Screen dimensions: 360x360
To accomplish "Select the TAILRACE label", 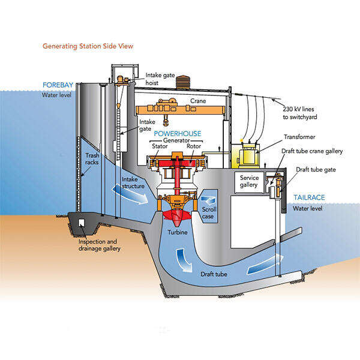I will (310, 197).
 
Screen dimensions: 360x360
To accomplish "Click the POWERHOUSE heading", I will (178, 133).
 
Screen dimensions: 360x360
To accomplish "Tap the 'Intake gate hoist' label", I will (161, 79).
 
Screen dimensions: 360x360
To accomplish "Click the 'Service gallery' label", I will (250, 181).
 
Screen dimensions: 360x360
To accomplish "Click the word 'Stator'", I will (159, 145).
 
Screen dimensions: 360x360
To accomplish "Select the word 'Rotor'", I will (194, 145).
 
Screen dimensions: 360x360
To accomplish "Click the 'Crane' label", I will (198, 101).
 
